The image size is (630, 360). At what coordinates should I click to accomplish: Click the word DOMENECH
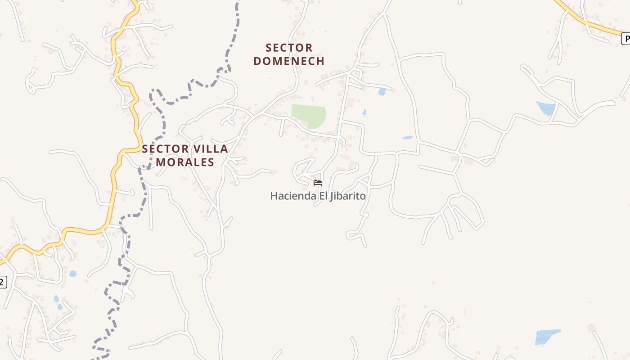[x=289, y=61]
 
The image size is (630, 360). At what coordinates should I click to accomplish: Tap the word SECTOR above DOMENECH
[x=289, y=48]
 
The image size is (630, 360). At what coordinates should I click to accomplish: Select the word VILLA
[x=211, y=149]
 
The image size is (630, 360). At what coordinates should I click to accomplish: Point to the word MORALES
[x=185, y=162]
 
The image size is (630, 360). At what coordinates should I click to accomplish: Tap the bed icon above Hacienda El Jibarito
[x=318, y=182]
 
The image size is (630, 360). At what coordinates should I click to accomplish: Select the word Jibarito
[x=347, y=196]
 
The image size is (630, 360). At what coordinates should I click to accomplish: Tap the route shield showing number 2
[x=2, y=282]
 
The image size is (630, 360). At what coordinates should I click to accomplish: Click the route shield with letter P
[x=625, y=39]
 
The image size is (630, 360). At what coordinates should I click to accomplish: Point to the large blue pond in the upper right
[x=546, y=108]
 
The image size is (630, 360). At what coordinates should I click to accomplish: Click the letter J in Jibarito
[x=332, y=196]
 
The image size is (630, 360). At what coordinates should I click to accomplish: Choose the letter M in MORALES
[x=161, y=162]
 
